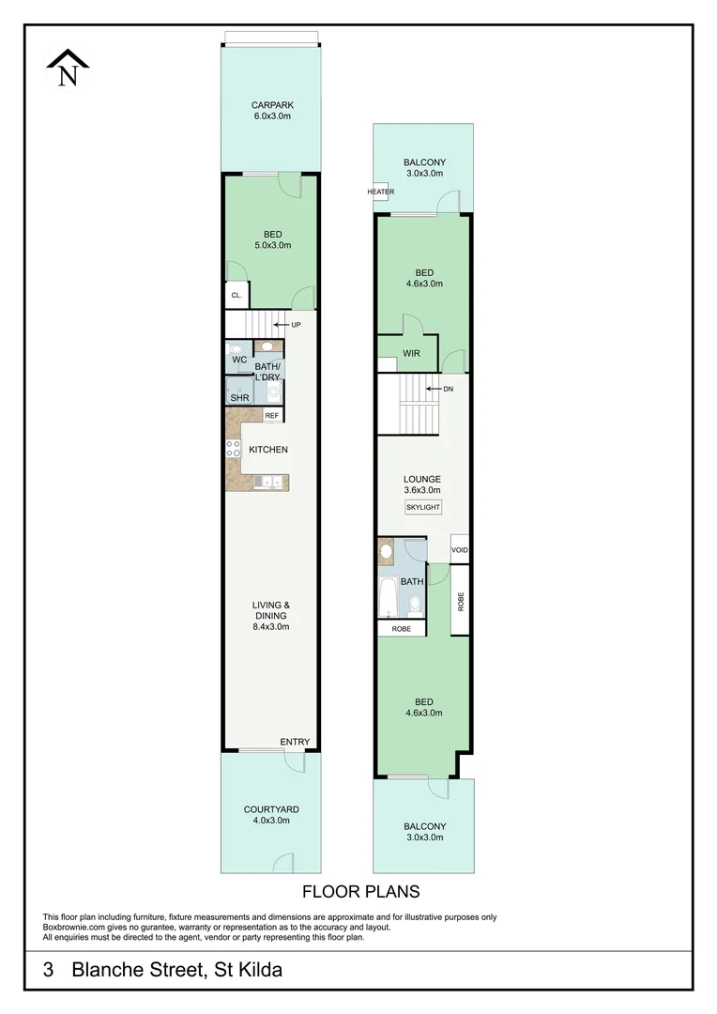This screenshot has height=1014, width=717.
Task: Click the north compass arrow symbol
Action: click(x=68, y=68)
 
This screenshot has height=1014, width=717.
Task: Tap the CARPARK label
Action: click(x=272, y=105)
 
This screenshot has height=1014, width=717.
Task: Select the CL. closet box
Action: click(x=236, y=296)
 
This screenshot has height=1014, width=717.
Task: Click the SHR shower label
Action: click(x=239, y=398)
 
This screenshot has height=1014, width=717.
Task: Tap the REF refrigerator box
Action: click(x=272, y=415)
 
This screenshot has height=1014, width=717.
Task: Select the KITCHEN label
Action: click(x=268, y=450)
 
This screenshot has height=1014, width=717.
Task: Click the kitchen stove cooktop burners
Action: click(x=233, y=449)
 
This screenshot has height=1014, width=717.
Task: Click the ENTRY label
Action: click(x=295, y=742)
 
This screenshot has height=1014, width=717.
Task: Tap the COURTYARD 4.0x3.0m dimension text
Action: click(x=271, y=820)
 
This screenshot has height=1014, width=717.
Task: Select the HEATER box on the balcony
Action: click(x=380, y=192)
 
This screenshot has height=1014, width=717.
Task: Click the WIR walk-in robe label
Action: click(x=411, y=353)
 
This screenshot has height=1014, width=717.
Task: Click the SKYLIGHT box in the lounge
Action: click(x=423, y=507)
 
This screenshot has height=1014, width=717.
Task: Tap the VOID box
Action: click(x=459, y=549)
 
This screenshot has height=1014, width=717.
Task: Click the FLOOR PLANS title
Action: click(x=360, y=892)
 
